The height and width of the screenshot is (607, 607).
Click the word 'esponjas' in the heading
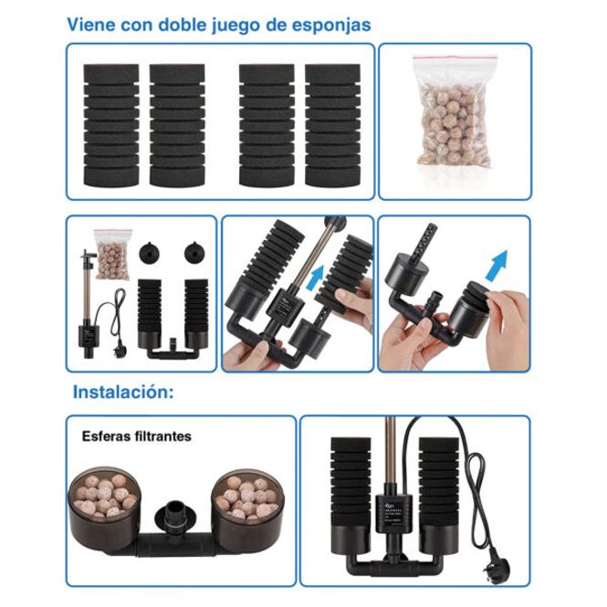point(331,26)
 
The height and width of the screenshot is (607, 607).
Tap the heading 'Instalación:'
point(123,392)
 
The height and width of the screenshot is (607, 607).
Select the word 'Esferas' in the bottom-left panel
point(106,436)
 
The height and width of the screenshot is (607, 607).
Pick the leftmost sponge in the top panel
point(111,125)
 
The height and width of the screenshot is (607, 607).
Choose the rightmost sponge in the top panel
point(332,125)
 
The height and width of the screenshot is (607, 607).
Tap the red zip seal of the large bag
point(455,58)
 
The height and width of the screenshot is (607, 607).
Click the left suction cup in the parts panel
point(149,252)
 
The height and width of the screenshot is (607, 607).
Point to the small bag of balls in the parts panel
point(113,255)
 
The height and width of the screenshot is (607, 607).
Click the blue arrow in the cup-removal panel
point(497,266)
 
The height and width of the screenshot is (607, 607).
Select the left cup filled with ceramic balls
point(102,508)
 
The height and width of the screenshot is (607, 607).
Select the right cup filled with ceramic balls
point(247,511)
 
